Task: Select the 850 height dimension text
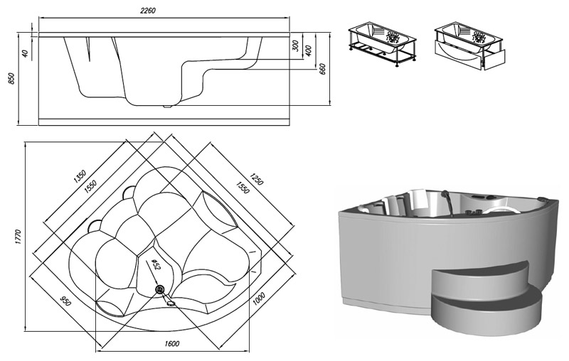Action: pyautogui.click(x=11, y=78)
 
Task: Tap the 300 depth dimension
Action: pyautogui.click(x=294, y=47)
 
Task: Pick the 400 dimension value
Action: pyautogui.click(x=309, y=52)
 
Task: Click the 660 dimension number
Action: pyautogui.click(x=323, y=70)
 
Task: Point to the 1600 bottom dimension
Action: pyautogui.click(x=171, y=345)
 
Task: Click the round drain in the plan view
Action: pyautogui.click(x=159, y=289)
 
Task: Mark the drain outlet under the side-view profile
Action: pyautogui.click(x=168, y=107)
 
